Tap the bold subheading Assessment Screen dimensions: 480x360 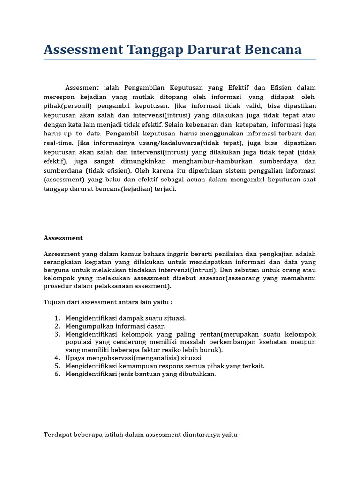[63, 238]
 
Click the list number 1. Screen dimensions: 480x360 [57, 318]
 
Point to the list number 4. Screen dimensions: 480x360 [57, 358]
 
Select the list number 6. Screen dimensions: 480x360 [57, 374]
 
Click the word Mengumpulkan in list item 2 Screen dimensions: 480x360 [88, 326]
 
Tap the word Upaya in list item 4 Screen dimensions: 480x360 [75, 358]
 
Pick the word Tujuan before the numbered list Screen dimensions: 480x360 [55, 302]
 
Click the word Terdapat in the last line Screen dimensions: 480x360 [58, 435]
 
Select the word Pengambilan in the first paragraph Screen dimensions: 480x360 [143, 88]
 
